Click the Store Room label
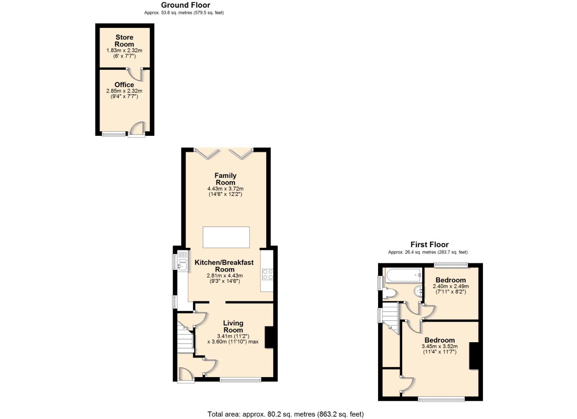coord(124,41)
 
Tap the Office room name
coord(124,85)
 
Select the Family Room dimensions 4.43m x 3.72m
coord(225,189)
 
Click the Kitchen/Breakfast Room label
coord(224,266)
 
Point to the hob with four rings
coord(268,274)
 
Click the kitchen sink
coord(183,265)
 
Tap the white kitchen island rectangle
coord(226,237)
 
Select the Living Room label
coord(233,326)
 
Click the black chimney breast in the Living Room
coord(269,337)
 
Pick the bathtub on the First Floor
coord(404,275)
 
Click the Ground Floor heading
coord(185,5)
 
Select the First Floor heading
coord(429,244)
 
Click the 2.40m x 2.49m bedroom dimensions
coord(451,286)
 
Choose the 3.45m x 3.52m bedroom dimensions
coord(440,346)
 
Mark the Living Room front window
coord(241,380)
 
